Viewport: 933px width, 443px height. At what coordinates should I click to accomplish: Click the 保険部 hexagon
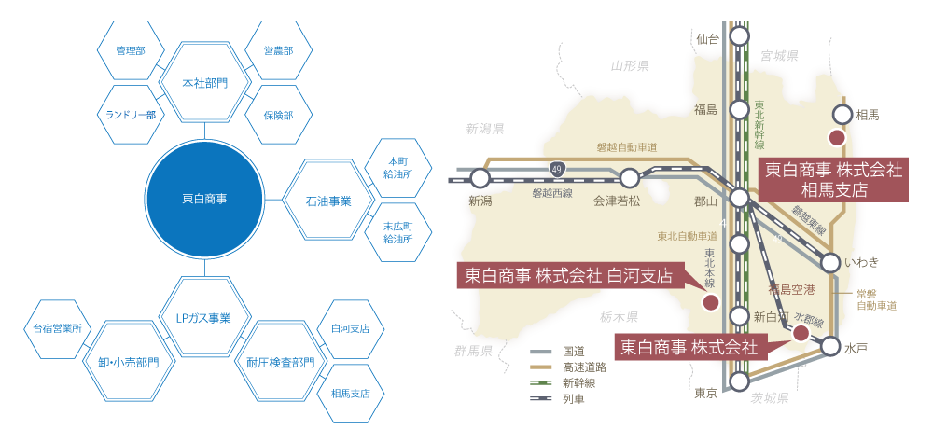277,116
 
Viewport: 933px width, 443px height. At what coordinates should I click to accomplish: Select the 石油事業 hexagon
327,201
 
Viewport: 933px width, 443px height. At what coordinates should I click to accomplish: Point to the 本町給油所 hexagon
399,166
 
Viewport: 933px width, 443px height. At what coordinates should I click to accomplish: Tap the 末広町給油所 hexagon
399,233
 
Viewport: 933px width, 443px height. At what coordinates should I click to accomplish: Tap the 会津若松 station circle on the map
630,177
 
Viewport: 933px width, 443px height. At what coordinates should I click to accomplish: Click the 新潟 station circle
480,177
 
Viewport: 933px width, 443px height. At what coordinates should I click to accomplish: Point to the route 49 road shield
558,168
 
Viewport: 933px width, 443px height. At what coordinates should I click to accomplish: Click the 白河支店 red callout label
568,275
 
